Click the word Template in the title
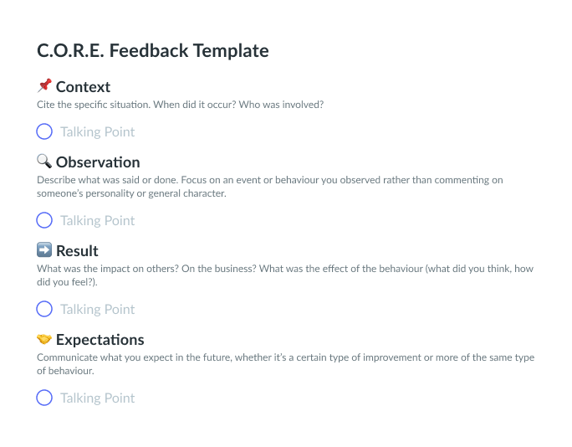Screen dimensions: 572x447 (231, 51)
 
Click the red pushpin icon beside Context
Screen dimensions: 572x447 (44, 86)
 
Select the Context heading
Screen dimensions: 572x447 (83, 87)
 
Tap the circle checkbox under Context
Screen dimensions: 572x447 (44, 131)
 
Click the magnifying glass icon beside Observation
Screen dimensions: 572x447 (44, 161)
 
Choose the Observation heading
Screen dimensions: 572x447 (98, 162)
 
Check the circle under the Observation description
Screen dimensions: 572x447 (44, 220)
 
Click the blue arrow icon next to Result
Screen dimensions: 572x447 (44, 249)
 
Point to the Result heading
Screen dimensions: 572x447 (77, 251)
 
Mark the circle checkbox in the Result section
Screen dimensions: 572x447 (44, 309)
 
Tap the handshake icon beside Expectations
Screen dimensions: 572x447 (44, 339)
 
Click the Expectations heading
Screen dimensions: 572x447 (100, 340)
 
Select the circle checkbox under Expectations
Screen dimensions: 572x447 (44, 398)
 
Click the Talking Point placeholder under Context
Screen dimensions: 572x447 (97, 131)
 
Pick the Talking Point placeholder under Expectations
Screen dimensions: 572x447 (97, 398)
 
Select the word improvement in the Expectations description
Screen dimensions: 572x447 (392, 357)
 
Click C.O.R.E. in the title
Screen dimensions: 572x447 (70, 51)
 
